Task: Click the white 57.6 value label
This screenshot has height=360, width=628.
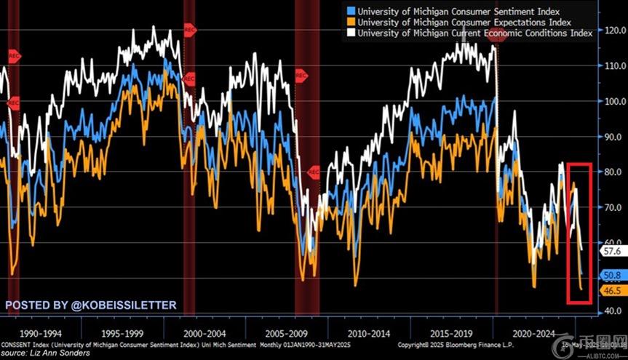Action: (x=612, y=251)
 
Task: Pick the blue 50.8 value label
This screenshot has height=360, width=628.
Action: (x=612, y=276)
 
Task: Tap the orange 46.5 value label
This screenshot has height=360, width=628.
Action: (x=612, y=290)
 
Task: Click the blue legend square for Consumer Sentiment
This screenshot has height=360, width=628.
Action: (x=351, y=10)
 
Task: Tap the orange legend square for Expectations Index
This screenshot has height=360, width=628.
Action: (x=351, y=21)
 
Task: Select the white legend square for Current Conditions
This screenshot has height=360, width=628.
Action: (x=351, y=33)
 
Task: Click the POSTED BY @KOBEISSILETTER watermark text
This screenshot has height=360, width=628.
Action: (x=91, y=305)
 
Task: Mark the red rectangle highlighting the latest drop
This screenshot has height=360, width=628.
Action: (x=580, y=232)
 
